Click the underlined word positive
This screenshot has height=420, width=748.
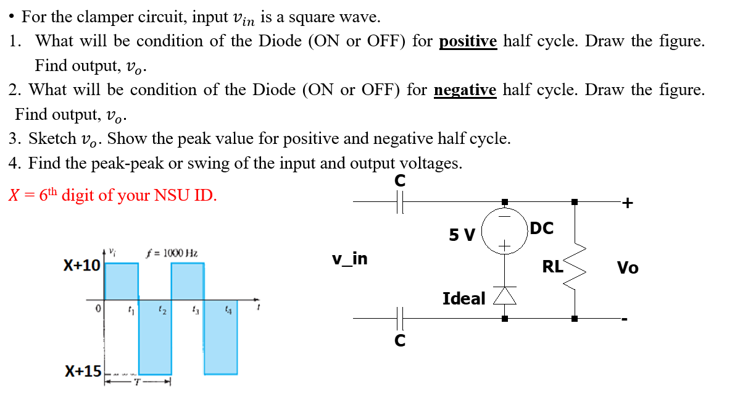click(468, 41)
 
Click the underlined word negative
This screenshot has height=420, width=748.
click(465, 90)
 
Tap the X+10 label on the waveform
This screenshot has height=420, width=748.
click(82, 266)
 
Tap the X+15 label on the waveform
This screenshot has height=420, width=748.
click(83, 371)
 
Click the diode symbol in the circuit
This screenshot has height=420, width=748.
click(505, 296)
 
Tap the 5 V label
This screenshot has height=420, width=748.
click(462, 235)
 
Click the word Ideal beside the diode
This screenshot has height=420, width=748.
click(464, 299)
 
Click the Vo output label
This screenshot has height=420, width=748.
click(628, 268)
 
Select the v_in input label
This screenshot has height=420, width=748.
click(349, 259)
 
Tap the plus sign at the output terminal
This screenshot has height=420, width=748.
click(628, 203)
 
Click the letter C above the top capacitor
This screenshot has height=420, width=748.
click(400, 181)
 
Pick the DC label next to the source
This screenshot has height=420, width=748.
click(541, 229)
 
